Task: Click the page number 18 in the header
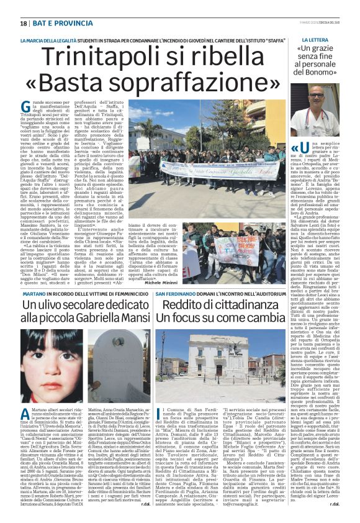(x=23, y=24)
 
